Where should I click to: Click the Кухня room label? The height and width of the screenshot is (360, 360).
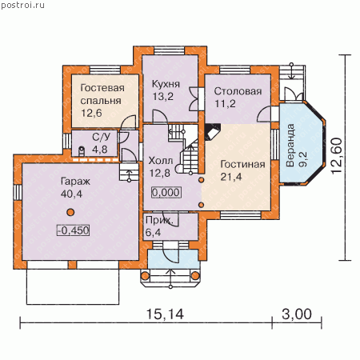pos(166,84)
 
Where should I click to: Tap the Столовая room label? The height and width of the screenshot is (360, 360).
pos(238,91)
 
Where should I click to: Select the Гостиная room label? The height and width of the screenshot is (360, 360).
pos(242,164)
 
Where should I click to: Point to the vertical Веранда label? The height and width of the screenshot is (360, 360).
pos(290,146)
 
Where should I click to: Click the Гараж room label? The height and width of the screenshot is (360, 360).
pos(75,182)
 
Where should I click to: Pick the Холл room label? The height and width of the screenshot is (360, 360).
pos(161,161)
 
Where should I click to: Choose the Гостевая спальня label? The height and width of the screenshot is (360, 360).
pos(102,94)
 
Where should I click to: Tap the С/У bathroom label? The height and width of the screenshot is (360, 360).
pos(101,137)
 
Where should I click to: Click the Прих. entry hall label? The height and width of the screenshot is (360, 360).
pos(159,220)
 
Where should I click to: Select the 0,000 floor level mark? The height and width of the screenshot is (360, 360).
pos(166,192)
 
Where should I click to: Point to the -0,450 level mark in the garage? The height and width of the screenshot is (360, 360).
pos(73,230)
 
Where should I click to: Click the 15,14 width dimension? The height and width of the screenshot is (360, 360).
pos(165,314)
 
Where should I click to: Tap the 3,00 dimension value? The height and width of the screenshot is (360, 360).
pos(297,314)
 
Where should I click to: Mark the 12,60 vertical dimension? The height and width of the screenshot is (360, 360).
pos(337,156)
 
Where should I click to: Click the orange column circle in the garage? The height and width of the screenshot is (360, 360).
pos(70,212)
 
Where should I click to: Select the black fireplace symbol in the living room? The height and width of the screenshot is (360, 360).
pos(212,132)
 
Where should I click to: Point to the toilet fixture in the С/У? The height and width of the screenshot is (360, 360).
pos(82,151)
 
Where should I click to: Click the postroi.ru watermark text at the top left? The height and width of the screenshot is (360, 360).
pos(23,6)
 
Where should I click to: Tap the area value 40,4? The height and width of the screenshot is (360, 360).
pos(71,194)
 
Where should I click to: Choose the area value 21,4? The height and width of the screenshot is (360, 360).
pos(231,177)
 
